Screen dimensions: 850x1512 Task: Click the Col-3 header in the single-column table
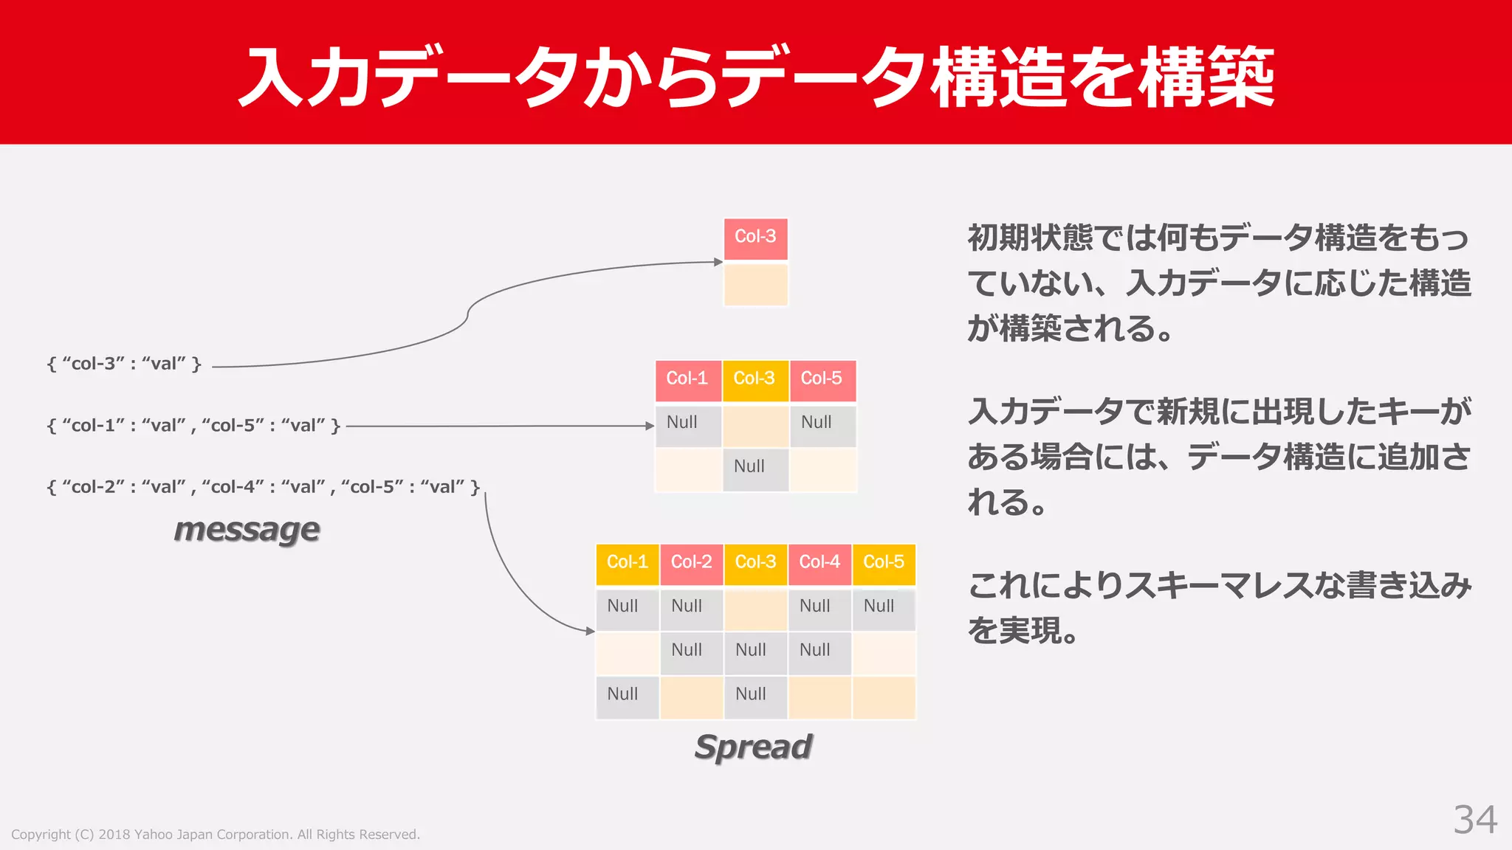pos(755,238)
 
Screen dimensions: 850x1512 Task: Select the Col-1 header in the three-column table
pos(687,379)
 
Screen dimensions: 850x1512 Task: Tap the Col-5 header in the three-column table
pos(822,379)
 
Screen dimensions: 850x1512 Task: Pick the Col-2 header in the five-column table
pos(691,563)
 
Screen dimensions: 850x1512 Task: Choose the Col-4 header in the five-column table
pos(819,563)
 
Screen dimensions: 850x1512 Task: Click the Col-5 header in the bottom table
pos(884,563)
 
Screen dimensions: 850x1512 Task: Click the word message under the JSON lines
pos(247,530)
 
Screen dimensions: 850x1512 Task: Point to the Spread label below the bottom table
pos(754,747)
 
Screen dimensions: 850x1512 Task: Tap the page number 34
pos(1475,820)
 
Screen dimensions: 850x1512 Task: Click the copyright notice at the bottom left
pos(216,835)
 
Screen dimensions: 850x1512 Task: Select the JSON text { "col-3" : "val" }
pos(124,364)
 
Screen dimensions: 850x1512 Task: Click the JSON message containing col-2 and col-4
pos(264,487)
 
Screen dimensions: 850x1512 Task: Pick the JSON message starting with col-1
pos(193,426)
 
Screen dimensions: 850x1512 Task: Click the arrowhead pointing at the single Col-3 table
pos(718,262)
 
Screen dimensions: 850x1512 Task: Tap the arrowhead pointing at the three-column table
pos(650,426)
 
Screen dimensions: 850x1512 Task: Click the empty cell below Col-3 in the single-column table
pos(755,284)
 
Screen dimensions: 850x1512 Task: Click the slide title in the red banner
pos(756,77)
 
